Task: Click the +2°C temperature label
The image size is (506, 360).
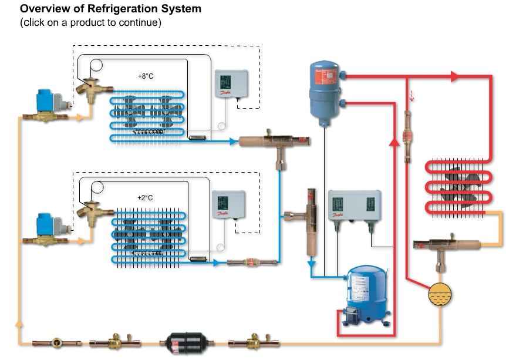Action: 145,198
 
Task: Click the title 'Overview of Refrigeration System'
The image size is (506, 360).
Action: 110,9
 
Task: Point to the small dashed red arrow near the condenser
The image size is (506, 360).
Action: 411,96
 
